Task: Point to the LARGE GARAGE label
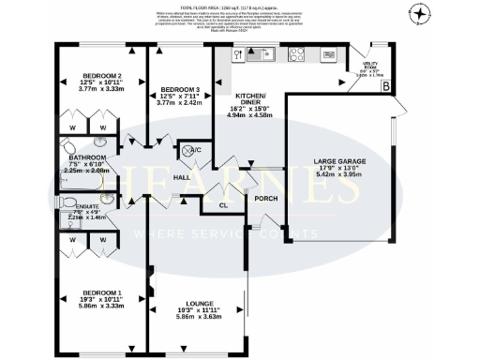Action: click(x=339, y=161)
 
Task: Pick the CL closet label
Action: click(x=223, y=204)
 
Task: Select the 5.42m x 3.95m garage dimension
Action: click(x=339, y=175)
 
